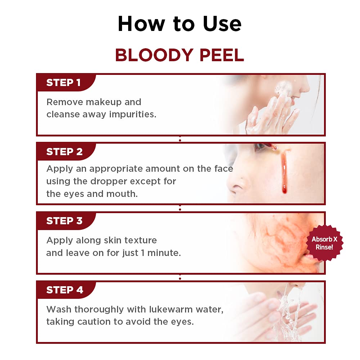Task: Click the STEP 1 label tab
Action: (x=64, y=83)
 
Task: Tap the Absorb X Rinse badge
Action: (x=324, y=243)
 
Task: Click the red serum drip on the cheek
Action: (x=284, y=173)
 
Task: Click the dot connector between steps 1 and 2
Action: (x=180, y=140)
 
